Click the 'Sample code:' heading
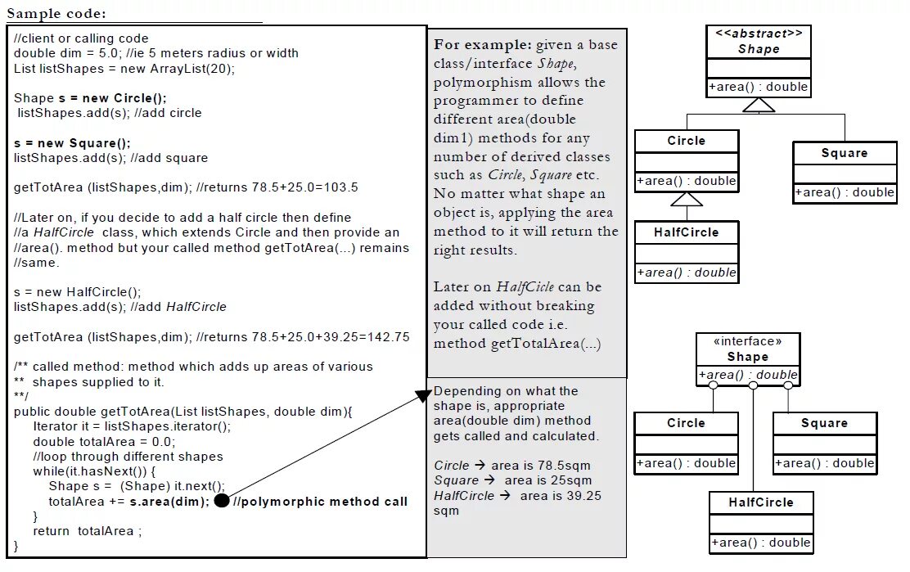56,13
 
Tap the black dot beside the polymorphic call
221,501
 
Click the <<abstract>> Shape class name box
759,42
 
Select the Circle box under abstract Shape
687,141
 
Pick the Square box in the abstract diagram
845,153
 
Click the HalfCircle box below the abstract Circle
687,232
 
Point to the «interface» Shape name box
747,349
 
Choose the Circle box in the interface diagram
686,423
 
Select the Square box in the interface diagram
824,423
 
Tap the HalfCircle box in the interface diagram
761,502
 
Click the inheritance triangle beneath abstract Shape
759,106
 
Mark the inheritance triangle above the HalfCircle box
687,199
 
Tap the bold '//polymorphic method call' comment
320,502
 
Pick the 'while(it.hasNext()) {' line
94,471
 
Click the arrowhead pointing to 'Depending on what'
421,396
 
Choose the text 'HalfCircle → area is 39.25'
518,496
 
